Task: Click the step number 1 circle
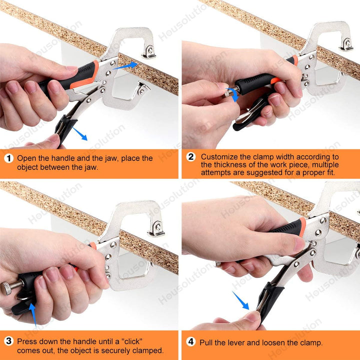click(x=8, y=158)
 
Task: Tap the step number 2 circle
click(x=191, y=157)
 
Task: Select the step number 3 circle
click(x=8, y=341)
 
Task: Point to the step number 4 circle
click(x=191, y=341)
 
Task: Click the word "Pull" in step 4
click(x=205, y=342)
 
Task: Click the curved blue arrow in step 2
click(x=233, y=94)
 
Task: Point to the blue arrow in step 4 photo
click(x=240, y=300)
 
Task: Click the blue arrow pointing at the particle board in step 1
click(x=126, y=65)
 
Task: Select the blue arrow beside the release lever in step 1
click(x=80, y=134)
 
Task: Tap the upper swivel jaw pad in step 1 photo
click(x=149, y=52)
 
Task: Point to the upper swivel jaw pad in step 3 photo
click(x=156, y=229)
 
